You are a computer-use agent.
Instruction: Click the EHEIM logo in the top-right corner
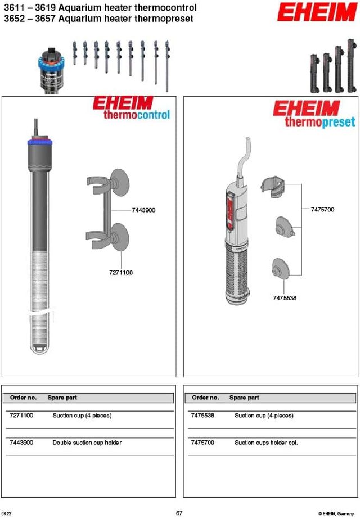click(x=317, y=12)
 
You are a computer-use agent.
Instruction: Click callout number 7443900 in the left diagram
click(x=143, y=210)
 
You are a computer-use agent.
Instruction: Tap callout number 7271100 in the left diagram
click(x=121, y=273)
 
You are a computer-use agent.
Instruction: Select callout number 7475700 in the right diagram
click(x=322, y=210)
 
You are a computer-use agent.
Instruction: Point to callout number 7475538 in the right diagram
click(x=285, y=298)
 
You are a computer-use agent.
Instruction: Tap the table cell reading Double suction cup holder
click(x=87, y=443)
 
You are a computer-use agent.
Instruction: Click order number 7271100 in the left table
click(x=21, y=416)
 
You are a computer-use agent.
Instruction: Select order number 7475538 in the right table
click(x=202, y=416)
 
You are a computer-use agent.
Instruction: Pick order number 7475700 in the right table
click(x=202, y=443)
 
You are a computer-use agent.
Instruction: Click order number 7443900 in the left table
click(x=21, y=443)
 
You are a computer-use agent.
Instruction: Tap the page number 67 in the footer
click(x=179, y=513)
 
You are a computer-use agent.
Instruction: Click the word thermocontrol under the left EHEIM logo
click(x=136, y=115)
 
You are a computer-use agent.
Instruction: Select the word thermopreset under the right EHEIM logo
click(x=319, y=121)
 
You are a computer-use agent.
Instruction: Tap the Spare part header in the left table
click(x=62, y=398)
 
